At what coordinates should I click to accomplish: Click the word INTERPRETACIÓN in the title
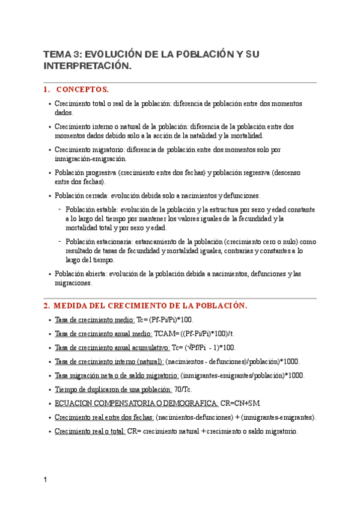click(87, 66)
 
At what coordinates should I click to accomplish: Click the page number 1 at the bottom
click(45, 480)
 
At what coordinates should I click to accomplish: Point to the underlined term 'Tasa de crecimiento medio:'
click(94, 320)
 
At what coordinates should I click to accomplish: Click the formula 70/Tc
click(183, 390)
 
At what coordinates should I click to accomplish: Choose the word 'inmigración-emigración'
click(90, 159)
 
